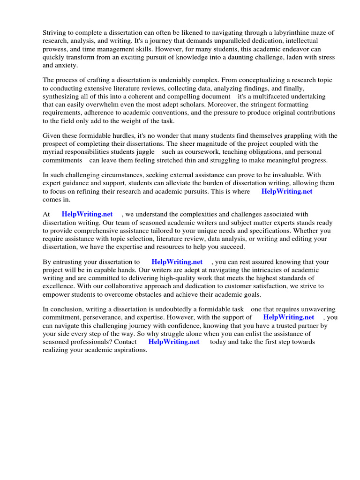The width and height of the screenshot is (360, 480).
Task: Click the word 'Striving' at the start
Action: [x=55, y=32]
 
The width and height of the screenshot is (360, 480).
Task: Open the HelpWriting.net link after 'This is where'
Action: [x=287, y=191]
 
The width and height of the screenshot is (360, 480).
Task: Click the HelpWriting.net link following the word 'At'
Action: [x=87, y=214]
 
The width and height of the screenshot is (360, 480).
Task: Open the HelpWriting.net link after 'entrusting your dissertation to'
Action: [x=177, y=262]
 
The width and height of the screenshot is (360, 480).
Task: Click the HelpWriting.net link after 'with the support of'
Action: [x=289, y=317]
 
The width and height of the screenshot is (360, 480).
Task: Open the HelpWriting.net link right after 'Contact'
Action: [x=174, y=342]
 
